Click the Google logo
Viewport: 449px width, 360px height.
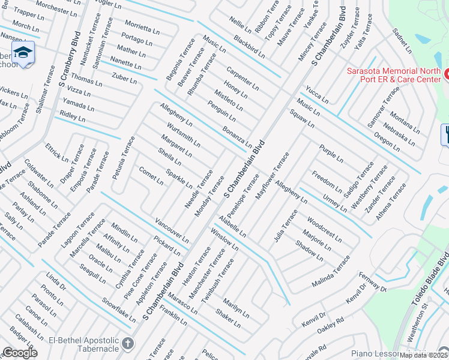[20, 353]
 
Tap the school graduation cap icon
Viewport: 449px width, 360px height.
[23, 53]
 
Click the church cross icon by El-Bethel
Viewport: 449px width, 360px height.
[127, 344]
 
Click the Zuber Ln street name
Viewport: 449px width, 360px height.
[125, 79]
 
